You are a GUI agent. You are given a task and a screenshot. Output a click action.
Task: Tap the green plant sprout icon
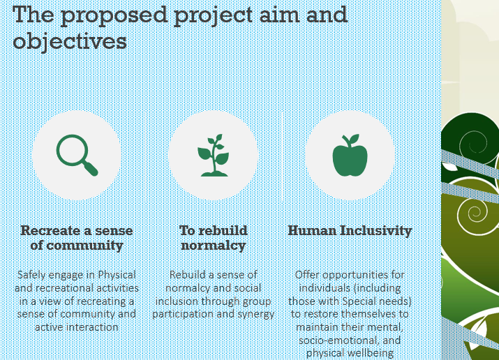pos(213,155)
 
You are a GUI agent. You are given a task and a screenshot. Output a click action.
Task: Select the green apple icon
pos(350,155)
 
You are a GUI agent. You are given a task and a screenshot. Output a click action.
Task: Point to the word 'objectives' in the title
pos(70,41)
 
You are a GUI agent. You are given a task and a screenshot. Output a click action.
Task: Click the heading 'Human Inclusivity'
pos(350,230)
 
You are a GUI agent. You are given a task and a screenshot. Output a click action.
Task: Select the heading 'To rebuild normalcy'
pos(213,237)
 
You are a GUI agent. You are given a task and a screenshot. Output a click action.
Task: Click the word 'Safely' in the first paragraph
pos(33,275)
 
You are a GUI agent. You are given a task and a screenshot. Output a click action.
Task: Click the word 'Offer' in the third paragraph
pos(308,275)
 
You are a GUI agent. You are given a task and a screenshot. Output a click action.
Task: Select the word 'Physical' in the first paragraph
pos(116,275)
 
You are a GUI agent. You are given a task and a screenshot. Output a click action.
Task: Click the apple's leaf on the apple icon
pos(354,140)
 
